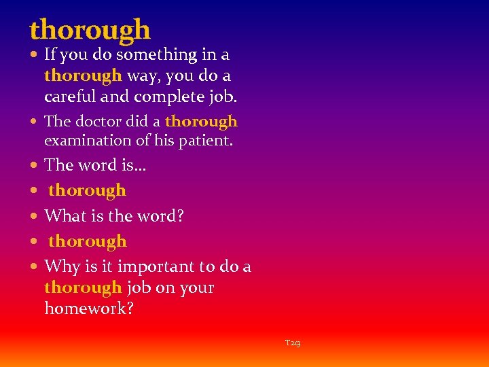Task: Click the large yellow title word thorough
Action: pos(90,30)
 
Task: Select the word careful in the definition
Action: pos(71,97)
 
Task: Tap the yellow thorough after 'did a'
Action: pos(201,122)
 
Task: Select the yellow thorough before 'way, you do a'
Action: pos(83,75)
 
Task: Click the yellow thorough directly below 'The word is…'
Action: pos(87,190)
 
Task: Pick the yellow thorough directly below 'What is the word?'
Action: pos(87,241)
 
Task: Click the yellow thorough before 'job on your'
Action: pos(83,287)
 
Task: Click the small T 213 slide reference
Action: pos(293,344)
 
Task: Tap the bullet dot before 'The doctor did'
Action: pos(35,122)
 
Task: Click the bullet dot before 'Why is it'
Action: pos(35,267)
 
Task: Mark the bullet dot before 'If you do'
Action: pos(35,54)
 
